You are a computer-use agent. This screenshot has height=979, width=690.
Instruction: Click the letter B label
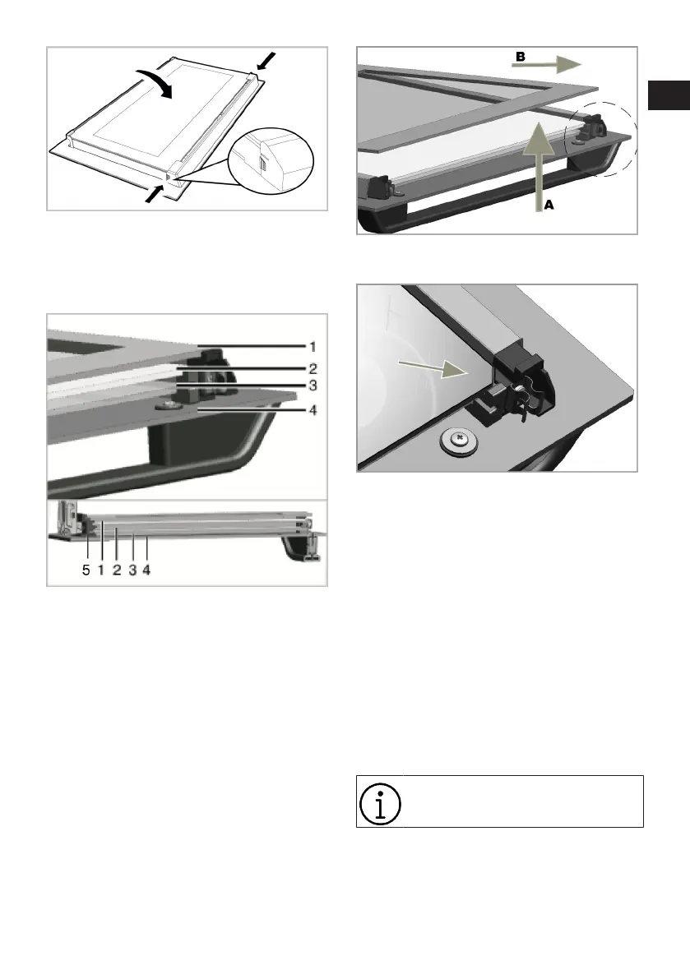point(520,57)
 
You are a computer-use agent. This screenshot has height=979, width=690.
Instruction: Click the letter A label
point(549,204)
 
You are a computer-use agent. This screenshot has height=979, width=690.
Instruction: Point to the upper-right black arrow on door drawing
point(266,61)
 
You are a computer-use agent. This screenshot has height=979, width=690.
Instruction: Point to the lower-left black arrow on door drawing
point(155,193)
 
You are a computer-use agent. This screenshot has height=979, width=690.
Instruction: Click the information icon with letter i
point(380,803)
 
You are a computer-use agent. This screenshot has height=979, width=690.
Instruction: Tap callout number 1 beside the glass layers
point(313,346)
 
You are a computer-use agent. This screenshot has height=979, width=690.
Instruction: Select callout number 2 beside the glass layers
point(313,368)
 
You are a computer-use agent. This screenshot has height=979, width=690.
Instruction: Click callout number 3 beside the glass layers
point(313,386)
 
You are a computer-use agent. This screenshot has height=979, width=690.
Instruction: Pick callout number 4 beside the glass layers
point(313,410)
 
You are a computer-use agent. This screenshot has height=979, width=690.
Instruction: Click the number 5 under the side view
point(86,570)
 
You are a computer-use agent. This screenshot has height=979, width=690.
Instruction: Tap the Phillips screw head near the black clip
point(459,440)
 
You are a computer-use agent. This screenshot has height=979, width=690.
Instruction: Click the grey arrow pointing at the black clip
point(433,370)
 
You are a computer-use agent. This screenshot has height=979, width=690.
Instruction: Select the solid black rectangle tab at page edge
point(669,95)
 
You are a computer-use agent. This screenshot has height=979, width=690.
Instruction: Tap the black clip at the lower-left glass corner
point(382,188)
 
